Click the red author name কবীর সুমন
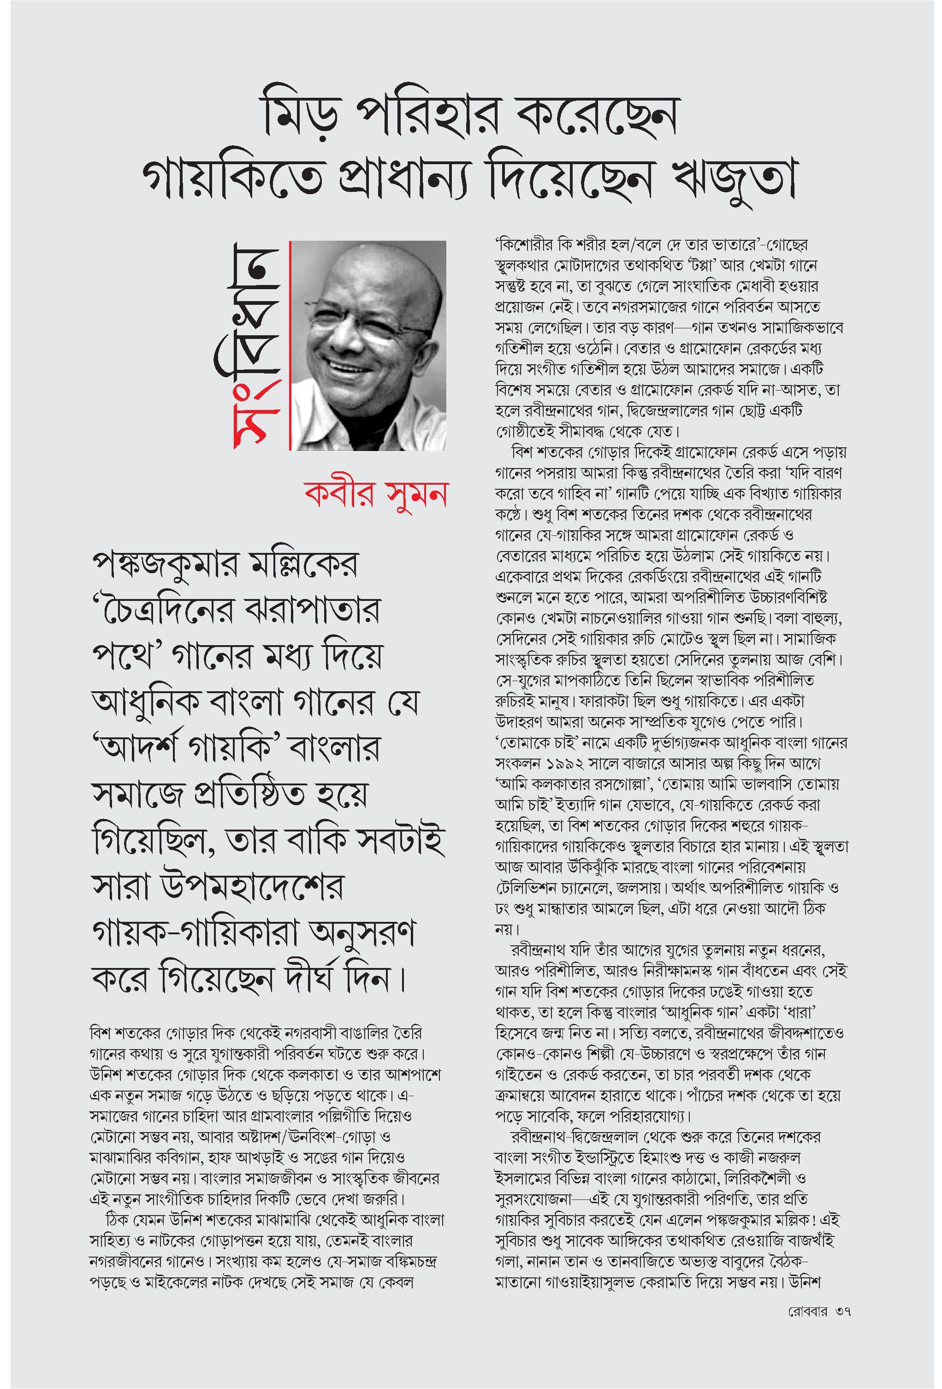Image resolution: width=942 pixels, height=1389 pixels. (376, 495)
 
